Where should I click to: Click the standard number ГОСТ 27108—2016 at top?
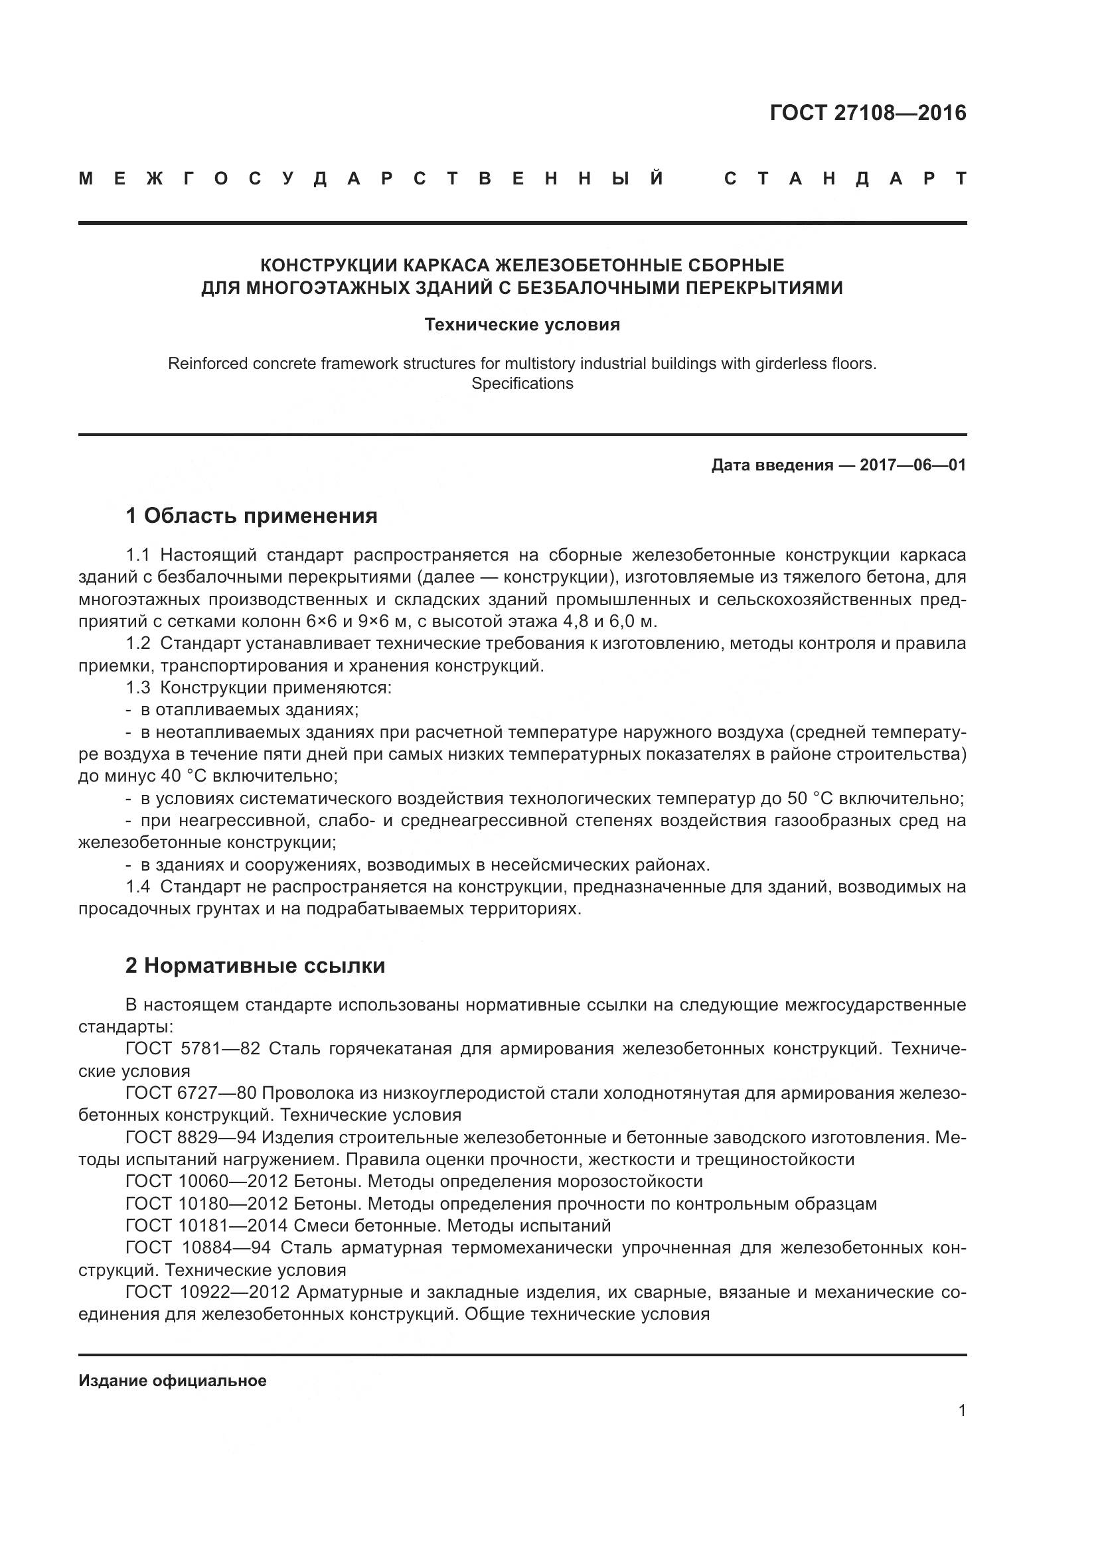tap(868, 113)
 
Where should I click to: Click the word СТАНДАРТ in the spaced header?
tap(844, 178)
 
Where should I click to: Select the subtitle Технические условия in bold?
tap(522, 324)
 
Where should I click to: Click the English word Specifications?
tap(522, 384)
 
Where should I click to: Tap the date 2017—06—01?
tap(913, 465)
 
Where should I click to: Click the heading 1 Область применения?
tap(252, 516)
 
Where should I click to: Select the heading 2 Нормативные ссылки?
tap(255, 965)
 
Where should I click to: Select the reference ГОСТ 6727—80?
tap(191, 1093)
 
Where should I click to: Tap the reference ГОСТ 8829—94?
tap(191, 1137)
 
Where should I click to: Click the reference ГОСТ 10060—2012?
tap(207, 1182)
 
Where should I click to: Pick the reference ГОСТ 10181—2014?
tap(207, 1226)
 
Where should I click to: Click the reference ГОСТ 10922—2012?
tap(207, 1292)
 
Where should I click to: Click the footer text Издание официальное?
tap(173, 1381)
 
